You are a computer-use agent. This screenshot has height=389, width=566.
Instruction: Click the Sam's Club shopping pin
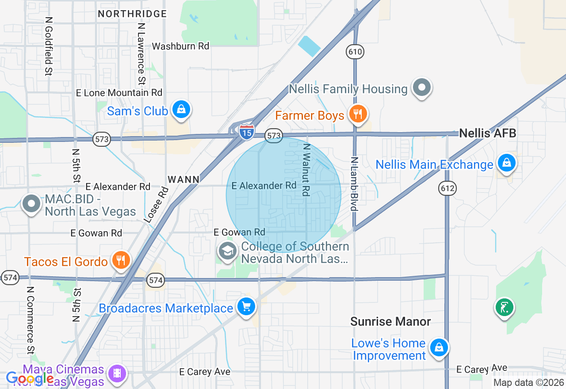[x=181, y=109]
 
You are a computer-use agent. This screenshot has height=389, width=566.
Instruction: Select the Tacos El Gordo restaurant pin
[x=120, y=260]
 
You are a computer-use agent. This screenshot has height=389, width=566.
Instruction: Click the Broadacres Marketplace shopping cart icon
[x=246, y=306]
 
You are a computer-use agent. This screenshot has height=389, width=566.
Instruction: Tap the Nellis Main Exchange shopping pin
[x=507, y=163]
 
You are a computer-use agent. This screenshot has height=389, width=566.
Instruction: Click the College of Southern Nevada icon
[x=227, y=251]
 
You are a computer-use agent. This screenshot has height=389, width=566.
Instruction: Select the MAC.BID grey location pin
[x=31, y=204]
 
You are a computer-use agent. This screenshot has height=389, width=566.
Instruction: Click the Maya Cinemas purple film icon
[x=117, y=373]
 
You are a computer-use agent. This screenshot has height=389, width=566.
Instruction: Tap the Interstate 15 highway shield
[x=246, y=132]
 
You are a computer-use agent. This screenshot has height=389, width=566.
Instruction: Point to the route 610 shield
[x=355, y=52]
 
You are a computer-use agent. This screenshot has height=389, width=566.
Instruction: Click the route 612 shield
[x=447, y=189]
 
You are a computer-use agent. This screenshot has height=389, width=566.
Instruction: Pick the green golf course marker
[x=505, y=307]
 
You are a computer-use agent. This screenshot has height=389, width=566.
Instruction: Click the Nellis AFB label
[x=487, y=133]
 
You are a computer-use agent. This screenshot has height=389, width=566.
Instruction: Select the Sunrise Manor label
[x=390, y=321]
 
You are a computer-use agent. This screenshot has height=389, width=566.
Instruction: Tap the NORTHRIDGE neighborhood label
[x=132, y=14]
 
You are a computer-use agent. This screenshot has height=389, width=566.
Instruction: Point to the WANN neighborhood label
[x=184, y=179]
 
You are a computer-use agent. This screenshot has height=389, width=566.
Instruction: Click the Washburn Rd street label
[x=180, y=46]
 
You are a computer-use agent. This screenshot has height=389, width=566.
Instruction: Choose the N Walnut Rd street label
[x=306, y=169]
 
